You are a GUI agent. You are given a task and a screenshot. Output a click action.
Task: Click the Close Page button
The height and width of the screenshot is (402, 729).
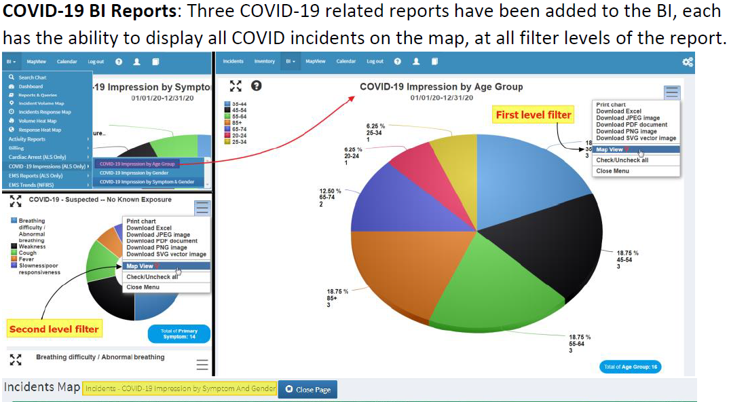coord(308,390)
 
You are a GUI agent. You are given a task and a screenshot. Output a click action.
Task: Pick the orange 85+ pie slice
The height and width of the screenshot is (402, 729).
coord(407,272)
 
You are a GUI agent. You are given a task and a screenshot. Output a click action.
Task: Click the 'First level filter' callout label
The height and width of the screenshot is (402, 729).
coord(534,115)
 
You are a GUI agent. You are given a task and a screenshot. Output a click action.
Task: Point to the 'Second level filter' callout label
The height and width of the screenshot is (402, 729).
coord(54,329)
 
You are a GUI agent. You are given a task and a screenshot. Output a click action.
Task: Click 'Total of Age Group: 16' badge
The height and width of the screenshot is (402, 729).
coord(631,367)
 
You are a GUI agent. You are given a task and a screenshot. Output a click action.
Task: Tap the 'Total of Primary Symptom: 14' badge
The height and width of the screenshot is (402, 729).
coord(179,334)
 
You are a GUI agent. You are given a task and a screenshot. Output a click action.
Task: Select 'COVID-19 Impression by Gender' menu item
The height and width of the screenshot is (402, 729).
coord(134,173)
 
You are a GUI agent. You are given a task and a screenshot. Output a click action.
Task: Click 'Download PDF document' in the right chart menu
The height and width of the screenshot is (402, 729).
coord(631,125)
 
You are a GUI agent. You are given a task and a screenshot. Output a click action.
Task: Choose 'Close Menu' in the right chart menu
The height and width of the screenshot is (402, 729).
coord(612,171)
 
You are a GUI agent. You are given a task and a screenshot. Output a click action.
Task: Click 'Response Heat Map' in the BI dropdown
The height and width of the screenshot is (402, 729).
coord(39,130)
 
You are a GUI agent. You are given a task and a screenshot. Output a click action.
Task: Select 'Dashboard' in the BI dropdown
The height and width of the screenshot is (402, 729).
coord(31,86)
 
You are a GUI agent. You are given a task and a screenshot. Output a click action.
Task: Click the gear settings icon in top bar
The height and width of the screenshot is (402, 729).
coord(688,62)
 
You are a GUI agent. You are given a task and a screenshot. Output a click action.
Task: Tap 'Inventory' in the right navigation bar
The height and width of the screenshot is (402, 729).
coord(265,62)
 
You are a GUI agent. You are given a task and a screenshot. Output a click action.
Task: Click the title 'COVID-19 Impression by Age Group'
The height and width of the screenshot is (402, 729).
coord(441,87)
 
